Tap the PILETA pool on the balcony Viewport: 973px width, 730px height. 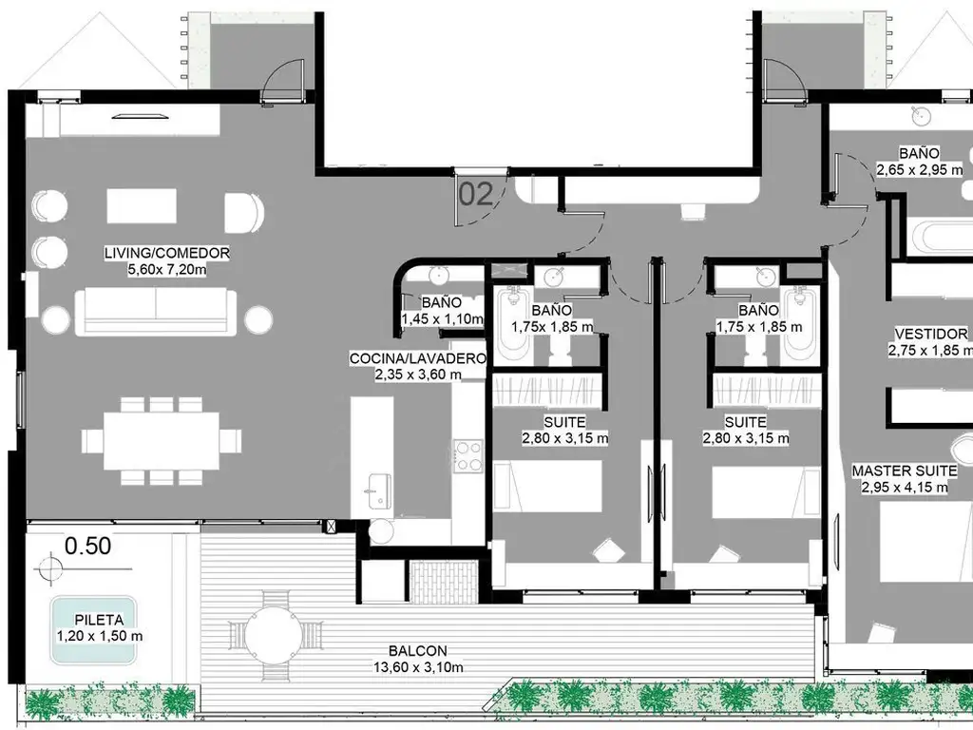point(93,629)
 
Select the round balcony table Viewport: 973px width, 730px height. point(273,635)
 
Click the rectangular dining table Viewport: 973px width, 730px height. point(162,441)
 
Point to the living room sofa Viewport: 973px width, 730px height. point(156,312)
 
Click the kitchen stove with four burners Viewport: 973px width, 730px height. point(467,455)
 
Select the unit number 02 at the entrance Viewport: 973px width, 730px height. point(476,194)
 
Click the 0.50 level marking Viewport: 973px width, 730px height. point(88,546)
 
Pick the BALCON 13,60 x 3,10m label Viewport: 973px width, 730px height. point(418,660)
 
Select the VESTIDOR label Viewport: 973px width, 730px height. point(931,334)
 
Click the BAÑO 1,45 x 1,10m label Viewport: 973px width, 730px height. point(442,311)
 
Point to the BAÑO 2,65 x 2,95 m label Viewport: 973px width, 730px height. point(919,162)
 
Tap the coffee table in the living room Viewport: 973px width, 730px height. point(142,206)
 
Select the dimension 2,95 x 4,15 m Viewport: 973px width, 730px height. point(905,488)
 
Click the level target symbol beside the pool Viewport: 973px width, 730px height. point(49,568)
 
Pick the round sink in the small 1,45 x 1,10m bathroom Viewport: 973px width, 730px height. point(439,275)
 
